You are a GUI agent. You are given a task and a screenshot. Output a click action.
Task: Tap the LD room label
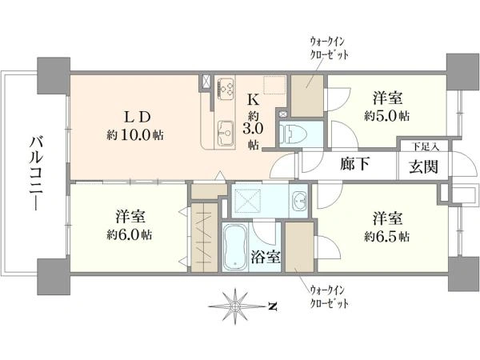pos(137,118)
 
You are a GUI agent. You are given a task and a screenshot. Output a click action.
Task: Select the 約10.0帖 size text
pos(135,134)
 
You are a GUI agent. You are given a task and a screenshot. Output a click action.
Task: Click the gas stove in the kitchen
pos(226,87)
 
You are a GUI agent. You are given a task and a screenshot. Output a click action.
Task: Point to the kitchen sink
pos(226,133)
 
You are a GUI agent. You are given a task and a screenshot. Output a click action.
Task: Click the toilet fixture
pos(293,134)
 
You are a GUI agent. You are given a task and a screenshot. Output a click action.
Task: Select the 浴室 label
pos(266,257)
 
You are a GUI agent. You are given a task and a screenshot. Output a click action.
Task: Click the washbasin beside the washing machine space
pos(299,201)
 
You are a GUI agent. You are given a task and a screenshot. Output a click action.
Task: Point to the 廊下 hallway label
pos(354,164)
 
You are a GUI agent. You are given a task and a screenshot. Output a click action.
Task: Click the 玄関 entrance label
pos(423,167)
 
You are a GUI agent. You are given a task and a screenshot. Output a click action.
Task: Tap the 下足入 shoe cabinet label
pos(425,146)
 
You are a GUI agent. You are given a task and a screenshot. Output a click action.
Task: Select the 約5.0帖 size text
pos(387,116)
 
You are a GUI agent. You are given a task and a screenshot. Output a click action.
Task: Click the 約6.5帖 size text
pos(387,237)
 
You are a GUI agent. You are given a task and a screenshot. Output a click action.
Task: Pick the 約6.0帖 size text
pos(129,234)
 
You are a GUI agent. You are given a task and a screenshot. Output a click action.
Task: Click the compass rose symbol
pos(235,306)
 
